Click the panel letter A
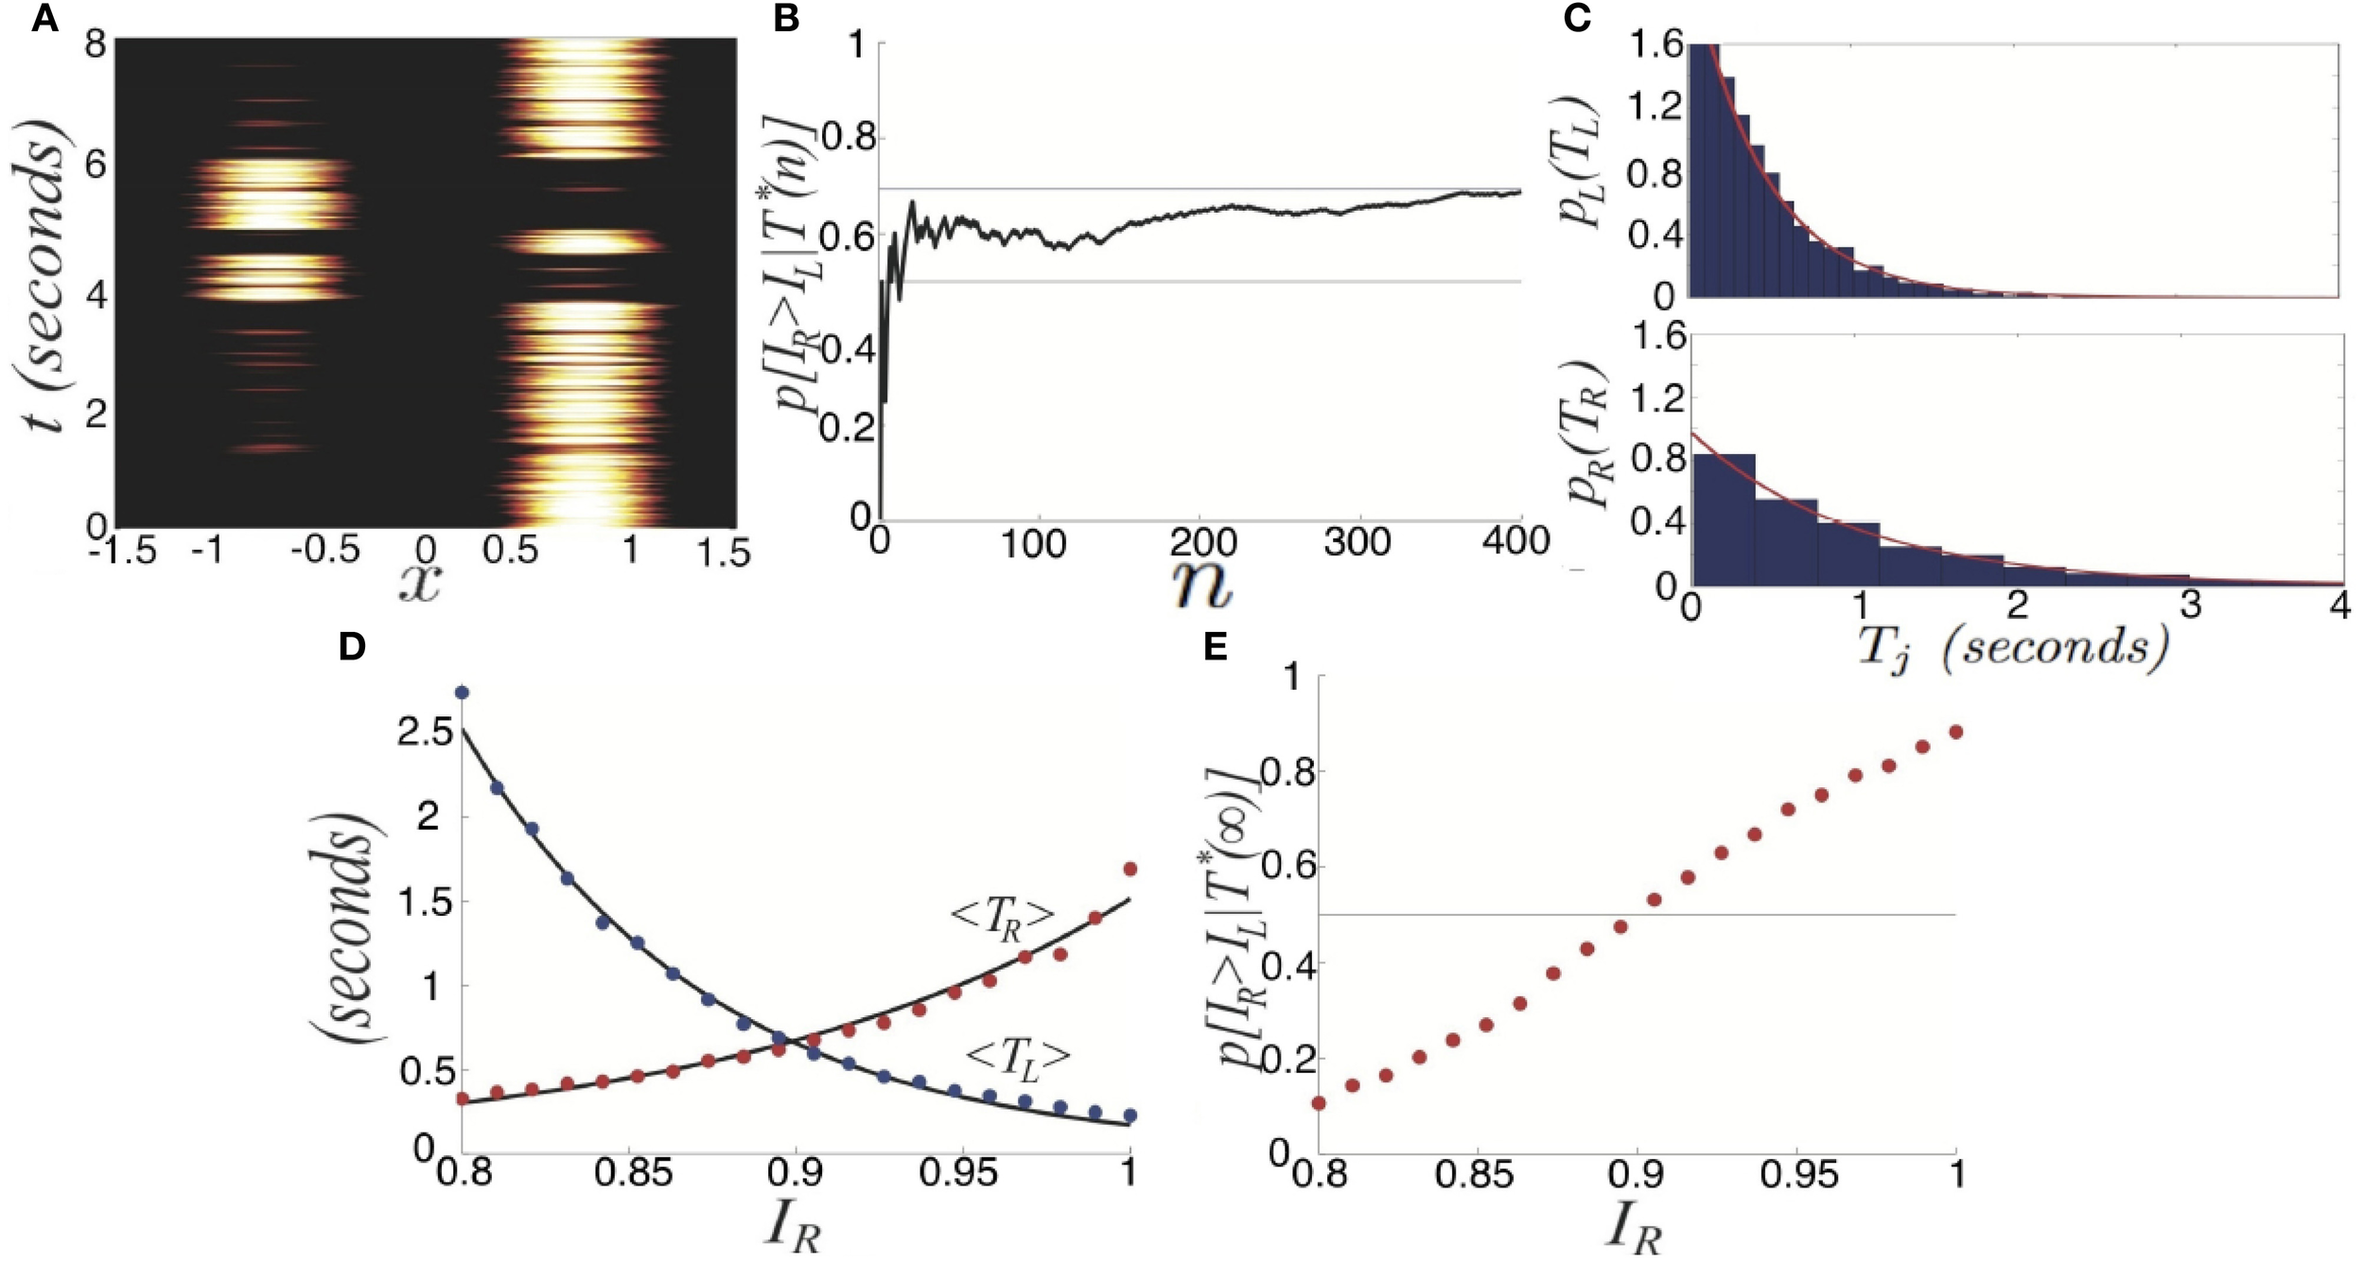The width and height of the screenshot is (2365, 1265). [44, 19]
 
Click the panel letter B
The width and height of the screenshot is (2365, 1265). [787, 19]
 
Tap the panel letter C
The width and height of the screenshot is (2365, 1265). [1577, 19]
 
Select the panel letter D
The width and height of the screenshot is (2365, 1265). [352, 648]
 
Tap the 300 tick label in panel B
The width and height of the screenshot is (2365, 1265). [1356, 542]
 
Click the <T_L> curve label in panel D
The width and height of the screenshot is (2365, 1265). [1018, 1057]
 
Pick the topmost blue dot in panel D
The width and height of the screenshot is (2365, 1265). [462, 693]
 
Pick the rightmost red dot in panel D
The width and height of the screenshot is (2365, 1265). [1129, 869]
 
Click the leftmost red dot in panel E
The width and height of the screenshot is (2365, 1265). [1319, 1103]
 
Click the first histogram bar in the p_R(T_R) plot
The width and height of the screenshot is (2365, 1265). [1724, 518]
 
